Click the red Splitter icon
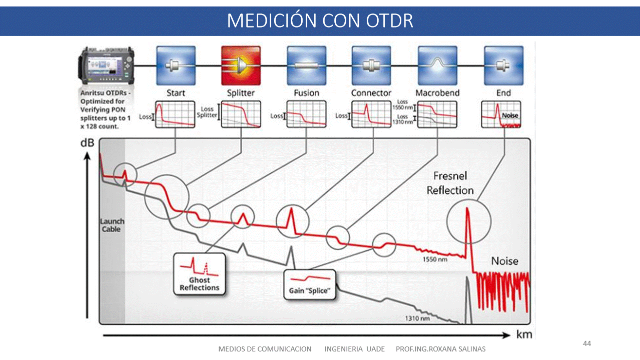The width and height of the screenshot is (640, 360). click(x=241, y=65)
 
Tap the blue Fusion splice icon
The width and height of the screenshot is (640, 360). click(x=306, y=65)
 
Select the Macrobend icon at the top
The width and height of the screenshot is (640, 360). click(x=437, y=65)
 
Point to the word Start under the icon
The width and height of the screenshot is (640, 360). click(x=176, y=93)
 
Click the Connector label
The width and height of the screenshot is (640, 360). click(x=371, y=93)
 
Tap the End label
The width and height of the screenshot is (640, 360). click(x=503, y=93)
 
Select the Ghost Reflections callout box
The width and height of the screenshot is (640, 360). click(x=200, y=273)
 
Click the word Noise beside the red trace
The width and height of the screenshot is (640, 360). click(x=504, y=261)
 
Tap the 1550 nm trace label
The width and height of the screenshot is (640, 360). click(x=435, y=259)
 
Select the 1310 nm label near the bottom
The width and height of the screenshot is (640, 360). click(x=417, y=317)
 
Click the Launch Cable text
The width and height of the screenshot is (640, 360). click(x=112, y=225)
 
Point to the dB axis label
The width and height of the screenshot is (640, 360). click(x=87, y=143)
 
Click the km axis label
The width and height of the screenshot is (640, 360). click(x=524, y=334)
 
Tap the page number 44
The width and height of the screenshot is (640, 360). click(x=587, y=343)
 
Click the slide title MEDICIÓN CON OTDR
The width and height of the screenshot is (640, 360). click(x=320, y=21)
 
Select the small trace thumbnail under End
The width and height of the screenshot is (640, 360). click(x=501, y=114)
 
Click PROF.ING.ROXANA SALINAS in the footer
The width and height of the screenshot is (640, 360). click(x=440, y=349)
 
